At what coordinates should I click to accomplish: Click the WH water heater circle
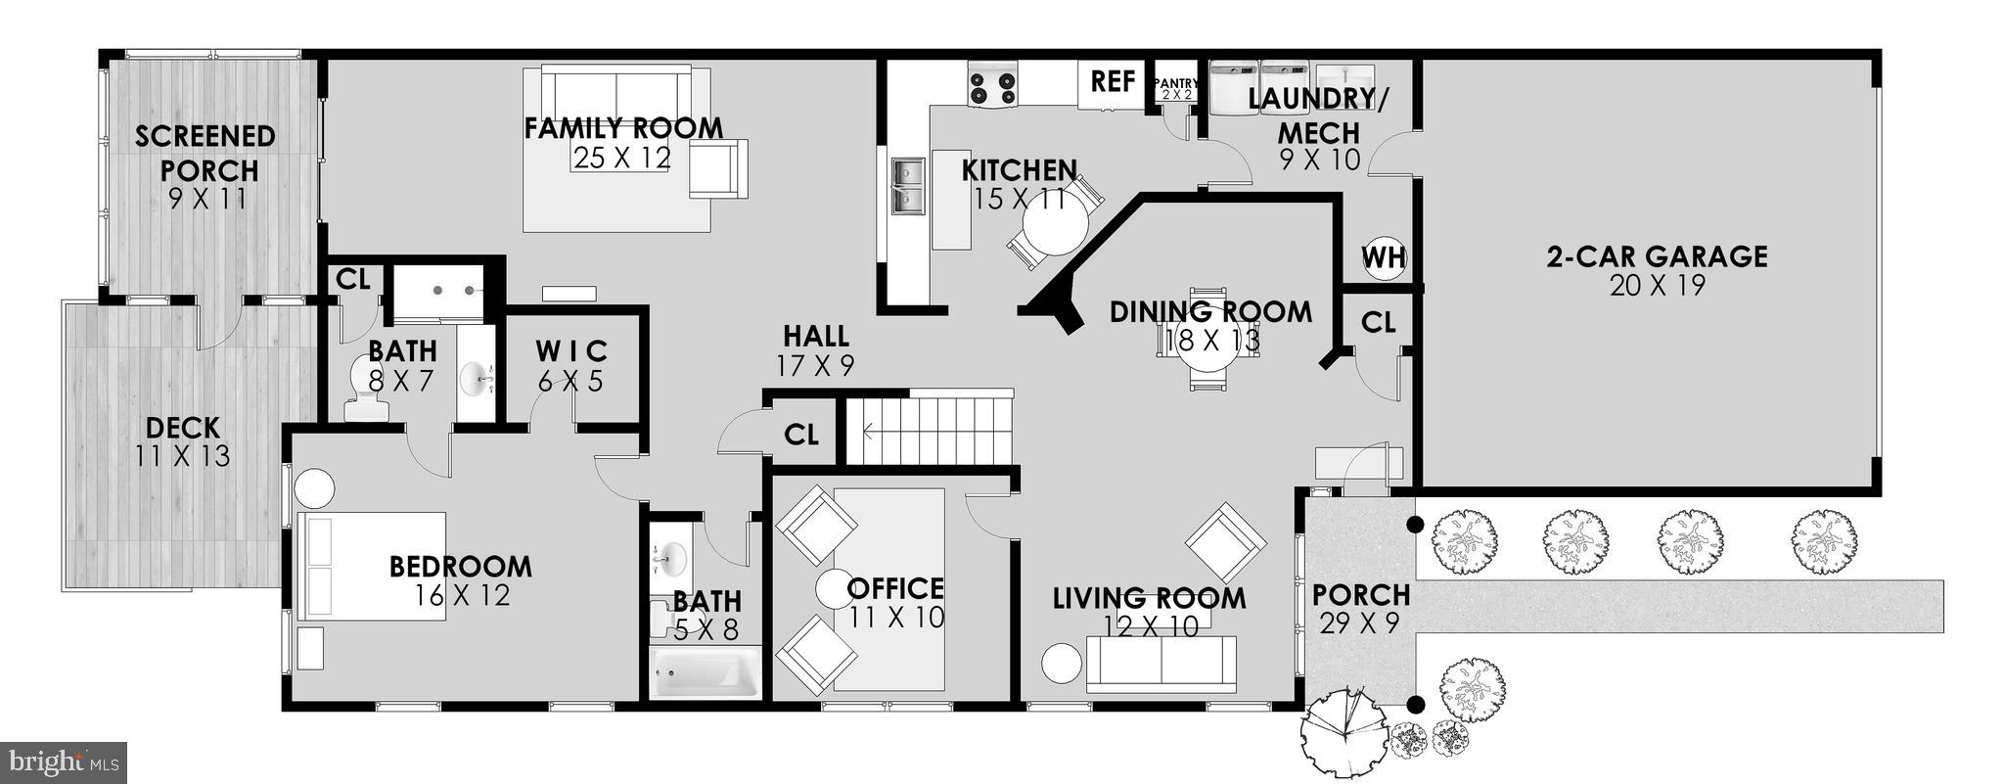(1384, 258)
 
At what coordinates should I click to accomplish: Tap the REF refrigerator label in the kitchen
(1113, 81)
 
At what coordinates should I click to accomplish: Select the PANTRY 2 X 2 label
(1175, 89)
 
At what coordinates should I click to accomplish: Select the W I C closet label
(571, 364)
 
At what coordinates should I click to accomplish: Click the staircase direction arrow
(871, 429)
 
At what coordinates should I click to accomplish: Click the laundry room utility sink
(1344, 77)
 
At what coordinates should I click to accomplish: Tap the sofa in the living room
(1161, 663)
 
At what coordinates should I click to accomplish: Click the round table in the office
(836, 589)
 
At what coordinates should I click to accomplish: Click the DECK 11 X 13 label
(183, 440)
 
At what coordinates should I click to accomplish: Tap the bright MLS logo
(63, 761)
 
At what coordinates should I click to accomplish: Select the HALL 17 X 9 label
(815, 349)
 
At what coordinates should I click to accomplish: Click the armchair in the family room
(717, 167)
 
